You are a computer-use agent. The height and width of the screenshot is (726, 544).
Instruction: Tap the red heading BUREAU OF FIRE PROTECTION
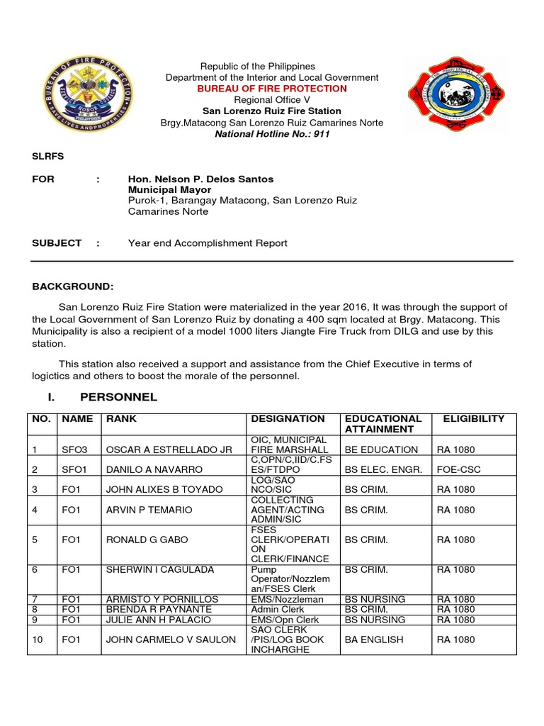(272, 89)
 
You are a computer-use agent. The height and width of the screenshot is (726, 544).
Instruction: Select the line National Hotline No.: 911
(272, 134)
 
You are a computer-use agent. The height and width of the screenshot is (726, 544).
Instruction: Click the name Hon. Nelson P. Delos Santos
(200, 179)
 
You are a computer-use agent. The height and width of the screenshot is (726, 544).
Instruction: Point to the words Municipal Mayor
(169, 190)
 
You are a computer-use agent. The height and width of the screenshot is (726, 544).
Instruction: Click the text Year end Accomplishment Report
(208, 243)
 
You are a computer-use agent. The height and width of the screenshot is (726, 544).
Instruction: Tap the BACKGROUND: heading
(72, 286)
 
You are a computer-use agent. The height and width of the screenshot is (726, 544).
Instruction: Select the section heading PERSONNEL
(118, 397)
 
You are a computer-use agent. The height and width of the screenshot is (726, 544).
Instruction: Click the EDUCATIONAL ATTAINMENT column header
(383, 424)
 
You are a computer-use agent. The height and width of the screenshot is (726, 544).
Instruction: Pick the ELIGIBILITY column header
(474, 419)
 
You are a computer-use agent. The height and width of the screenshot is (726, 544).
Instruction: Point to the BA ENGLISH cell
(374, 640)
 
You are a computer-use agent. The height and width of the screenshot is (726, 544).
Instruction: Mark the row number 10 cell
(38, 640)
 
